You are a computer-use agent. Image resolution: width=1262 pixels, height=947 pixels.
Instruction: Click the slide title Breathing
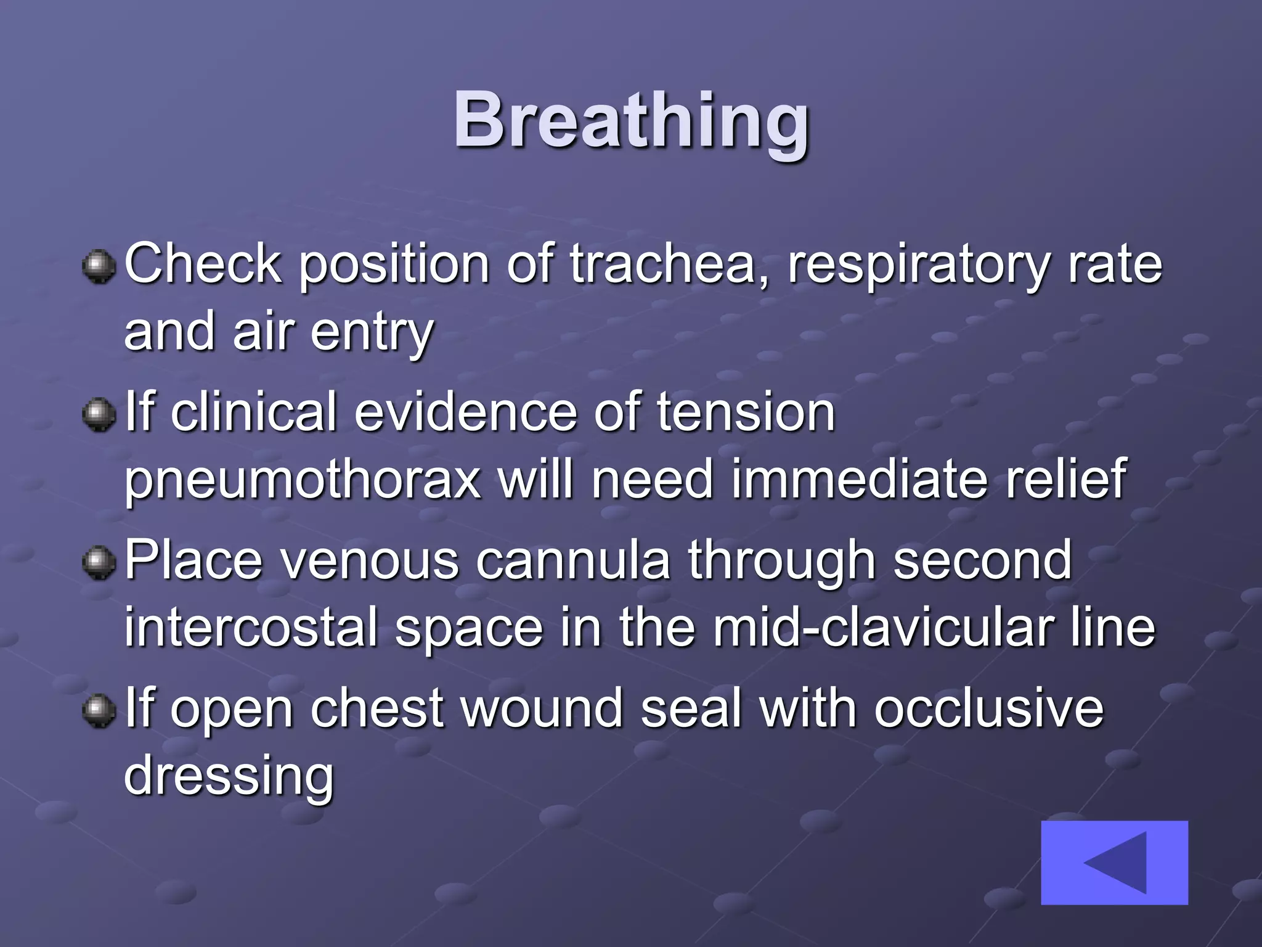[631, 120]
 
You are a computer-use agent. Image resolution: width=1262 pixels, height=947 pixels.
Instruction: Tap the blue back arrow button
[1114, 862]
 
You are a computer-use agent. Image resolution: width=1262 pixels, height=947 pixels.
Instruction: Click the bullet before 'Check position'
[99, 266]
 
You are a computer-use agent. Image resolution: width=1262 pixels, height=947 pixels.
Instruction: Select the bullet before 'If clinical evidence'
[99, 414]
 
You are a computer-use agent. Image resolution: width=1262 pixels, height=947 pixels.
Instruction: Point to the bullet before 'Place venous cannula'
[99, 562]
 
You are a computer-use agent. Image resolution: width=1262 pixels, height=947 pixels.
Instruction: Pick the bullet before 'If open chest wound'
[99, 710]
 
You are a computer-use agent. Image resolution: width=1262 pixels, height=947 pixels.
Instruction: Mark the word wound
[542, 708]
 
